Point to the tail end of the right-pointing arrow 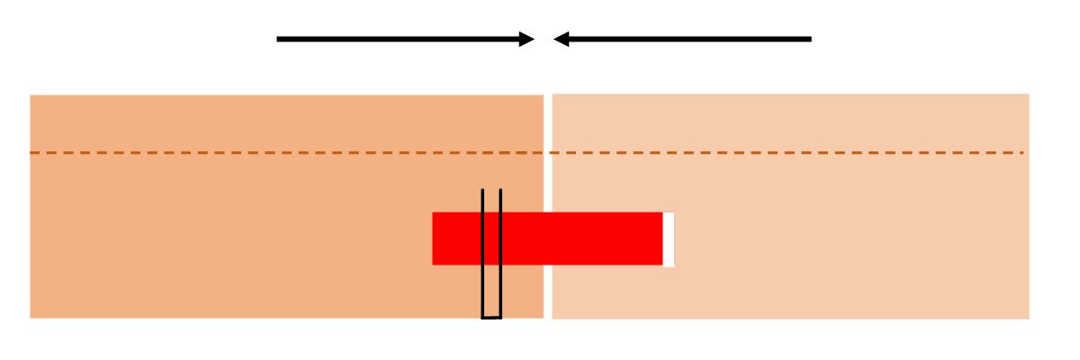(x=278, y=39)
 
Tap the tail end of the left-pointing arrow (x=810, y=39)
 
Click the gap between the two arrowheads (x=544, y=39)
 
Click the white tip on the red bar (x=669, y=238)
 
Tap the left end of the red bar (x=435, y=238)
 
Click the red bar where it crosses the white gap (x=547, y=238)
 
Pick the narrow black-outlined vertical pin (x=491, y=288)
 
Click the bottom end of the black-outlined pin (x=491, y=317)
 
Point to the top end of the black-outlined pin (x=491, y=190)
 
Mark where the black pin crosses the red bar (x=491, y=238)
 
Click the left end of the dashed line (x=31, y=153)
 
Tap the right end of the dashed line (x=1022, y=153)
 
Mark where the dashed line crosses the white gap (x=547, y=153)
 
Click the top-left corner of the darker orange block (x=31, y=96)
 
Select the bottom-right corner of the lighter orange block (x=1028, y=317)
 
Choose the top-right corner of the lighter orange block (x=1028, y=95)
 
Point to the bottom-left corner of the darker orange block (x=31, y=317)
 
